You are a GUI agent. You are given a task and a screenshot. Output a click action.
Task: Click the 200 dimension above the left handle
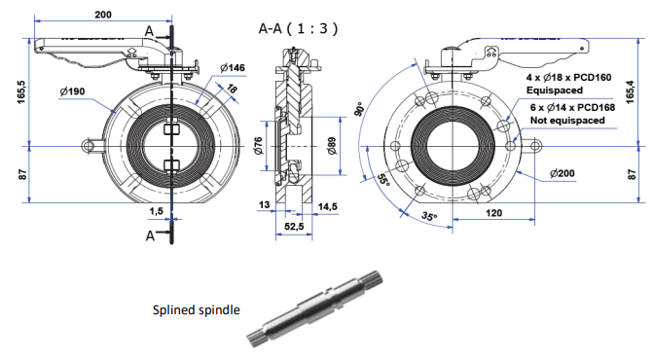(x=103, y=15)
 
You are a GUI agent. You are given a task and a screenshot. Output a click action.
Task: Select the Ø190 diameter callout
(x=72, y=91)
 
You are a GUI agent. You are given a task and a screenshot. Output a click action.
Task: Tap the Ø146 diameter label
(x=233, y=67)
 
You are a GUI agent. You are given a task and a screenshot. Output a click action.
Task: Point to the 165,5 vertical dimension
(x=22, y=92)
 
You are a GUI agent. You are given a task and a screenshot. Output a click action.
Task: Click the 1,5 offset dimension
(x=157, y=211)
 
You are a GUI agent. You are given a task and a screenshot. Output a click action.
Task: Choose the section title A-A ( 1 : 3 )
(x=298, y=28)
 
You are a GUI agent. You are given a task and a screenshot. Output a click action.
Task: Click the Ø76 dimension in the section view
(x=259, y=146)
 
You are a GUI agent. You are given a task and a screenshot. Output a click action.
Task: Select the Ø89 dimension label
(x=332, y=146)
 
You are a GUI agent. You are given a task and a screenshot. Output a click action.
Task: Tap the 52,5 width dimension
(x=294, y=227)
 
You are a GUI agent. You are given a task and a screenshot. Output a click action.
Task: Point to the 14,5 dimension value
(x=327, y=207)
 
